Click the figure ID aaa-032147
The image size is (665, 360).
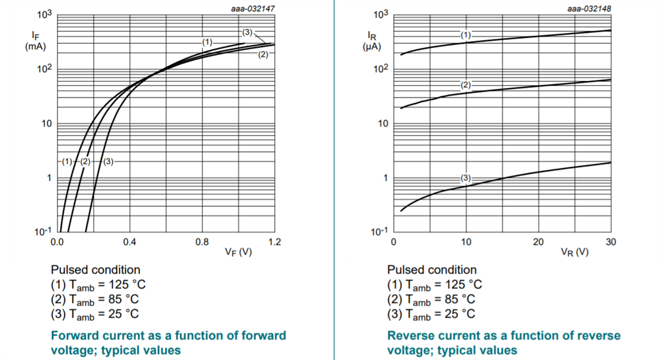pyautogui.click(x=253, y=9)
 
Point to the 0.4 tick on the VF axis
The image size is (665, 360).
pyautogui.click(x=129, y=242)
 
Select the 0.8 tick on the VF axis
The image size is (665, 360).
pyautogui.click(x=202, y=242)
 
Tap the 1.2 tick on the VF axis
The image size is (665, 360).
pyautogui.click(x=275, y=242)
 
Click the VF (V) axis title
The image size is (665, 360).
pyautogui.click(x=238, y=252)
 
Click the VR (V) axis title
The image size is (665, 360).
pyautogui.click(x=575, y=252)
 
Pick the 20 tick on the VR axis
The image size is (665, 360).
pyautogui.click(x=538, y=242)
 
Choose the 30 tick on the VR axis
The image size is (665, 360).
pyautogui.click(x=611, y=242)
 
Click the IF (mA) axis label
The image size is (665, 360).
pyautogui.click(x=35, y=40)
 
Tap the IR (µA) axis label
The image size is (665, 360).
pyautogui.click(x=371, y=40)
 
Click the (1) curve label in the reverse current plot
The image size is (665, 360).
pyautogui.click(x=466, y=34)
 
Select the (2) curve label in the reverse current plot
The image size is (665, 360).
pyautogui.click(x=466, y=85)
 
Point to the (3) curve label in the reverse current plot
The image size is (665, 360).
pyautogui.click(x=466, y=178)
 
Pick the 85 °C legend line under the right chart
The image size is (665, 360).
pyautogui.click(x=431, y=300)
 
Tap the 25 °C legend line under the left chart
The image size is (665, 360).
pyautogui.click(x=95, y=314)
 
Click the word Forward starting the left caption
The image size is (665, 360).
pyautogui.click(x=73, y=336)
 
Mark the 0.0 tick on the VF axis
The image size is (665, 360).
pyautogui.click(x=57, y=242)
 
